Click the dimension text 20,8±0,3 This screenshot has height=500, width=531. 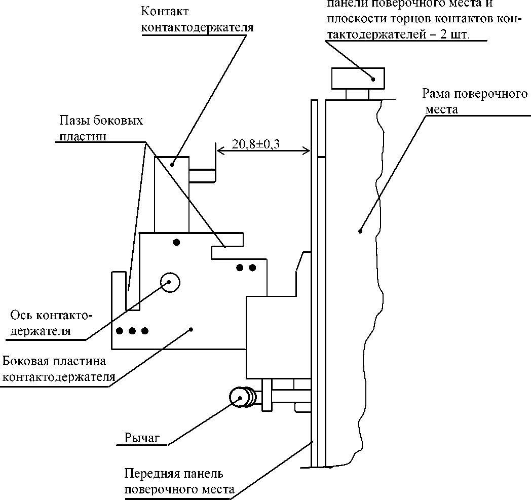(256, 144)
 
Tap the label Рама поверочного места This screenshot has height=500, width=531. (475, 101)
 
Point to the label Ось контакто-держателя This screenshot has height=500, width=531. (51, 324)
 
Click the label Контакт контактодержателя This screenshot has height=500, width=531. (197, 19)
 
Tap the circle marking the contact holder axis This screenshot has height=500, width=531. (169, 282)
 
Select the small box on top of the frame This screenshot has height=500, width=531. (358, 78)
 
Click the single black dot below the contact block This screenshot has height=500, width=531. (176, 242)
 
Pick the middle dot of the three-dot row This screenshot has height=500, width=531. (132, 331)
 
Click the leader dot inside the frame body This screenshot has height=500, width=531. (360, 231)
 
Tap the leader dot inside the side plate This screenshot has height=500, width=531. (191, 330)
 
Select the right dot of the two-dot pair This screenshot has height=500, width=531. (252, 267)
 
